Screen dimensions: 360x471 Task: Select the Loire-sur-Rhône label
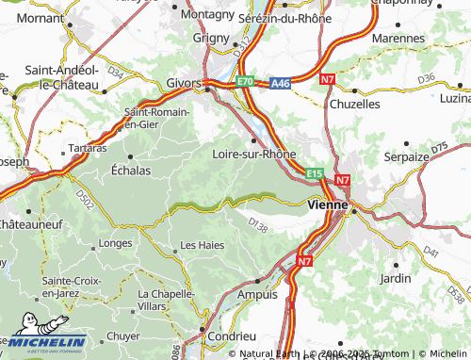pos(254,154)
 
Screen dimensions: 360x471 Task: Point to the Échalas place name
pos(130,171)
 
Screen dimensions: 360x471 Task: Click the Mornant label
pos(40,17)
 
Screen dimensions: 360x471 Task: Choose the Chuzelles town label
pos(354,104)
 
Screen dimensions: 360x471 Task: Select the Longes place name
pos(115,243)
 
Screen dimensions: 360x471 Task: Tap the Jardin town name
pos(395,278)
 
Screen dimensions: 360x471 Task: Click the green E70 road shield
pos(245,82)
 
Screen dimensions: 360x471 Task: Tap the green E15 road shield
pos(315,173)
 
